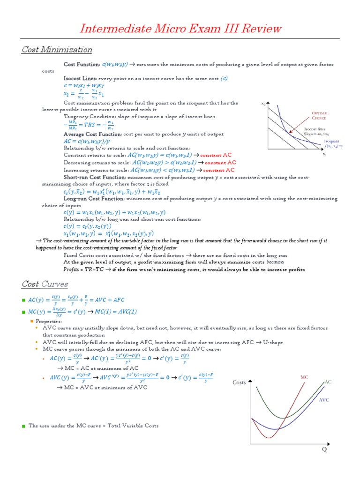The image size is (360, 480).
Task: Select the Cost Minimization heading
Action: pos(57,50)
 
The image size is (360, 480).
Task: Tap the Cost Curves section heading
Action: pos(45,284)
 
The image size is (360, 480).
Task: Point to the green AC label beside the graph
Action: pos(328,382)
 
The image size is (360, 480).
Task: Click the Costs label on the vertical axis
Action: pos(239,383)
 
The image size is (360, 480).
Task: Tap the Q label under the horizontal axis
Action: pos(323,450)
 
